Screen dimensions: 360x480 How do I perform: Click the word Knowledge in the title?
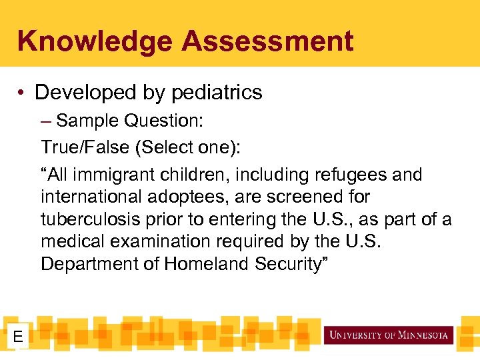coord(95,41)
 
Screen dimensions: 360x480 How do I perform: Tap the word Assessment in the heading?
coord(267,41)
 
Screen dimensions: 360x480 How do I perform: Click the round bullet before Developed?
coord(23,93)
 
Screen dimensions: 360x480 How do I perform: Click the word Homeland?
coord(207,264)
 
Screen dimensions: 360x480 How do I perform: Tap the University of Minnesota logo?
coord(389,335)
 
